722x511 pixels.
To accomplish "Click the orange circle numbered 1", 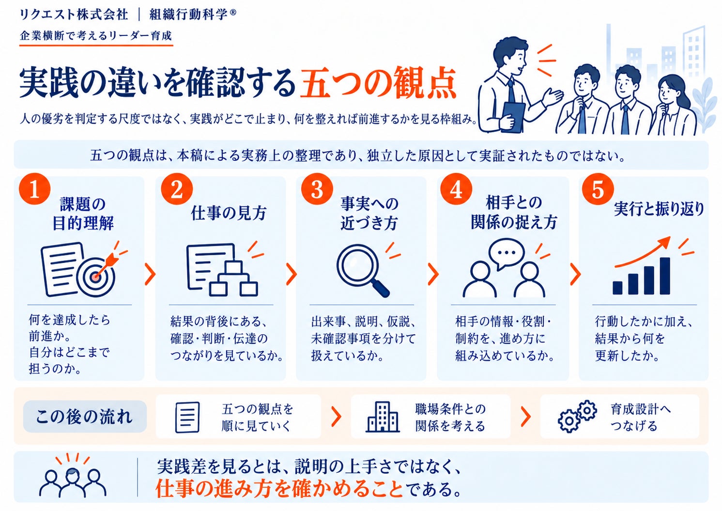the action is [34, 189].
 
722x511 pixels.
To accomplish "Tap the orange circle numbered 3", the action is [317, 189].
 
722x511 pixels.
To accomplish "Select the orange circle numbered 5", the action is [598, 189].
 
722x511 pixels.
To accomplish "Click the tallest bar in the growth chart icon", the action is [665, 276].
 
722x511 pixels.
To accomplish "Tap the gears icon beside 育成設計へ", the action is [577, 416].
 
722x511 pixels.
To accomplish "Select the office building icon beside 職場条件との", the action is [383, 417].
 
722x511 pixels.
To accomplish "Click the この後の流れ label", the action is [84, 416].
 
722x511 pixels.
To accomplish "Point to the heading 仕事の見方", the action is [229, 213].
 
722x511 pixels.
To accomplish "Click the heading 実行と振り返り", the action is [659, 209].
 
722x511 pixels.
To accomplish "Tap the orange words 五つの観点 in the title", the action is [378, 82].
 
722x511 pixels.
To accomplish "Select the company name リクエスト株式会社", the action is [74, 15].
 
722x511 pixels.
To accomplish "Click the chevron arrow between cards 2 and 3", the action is [292, 274].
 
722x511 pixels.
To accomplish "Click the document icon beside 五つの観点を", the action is [187, 417].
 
